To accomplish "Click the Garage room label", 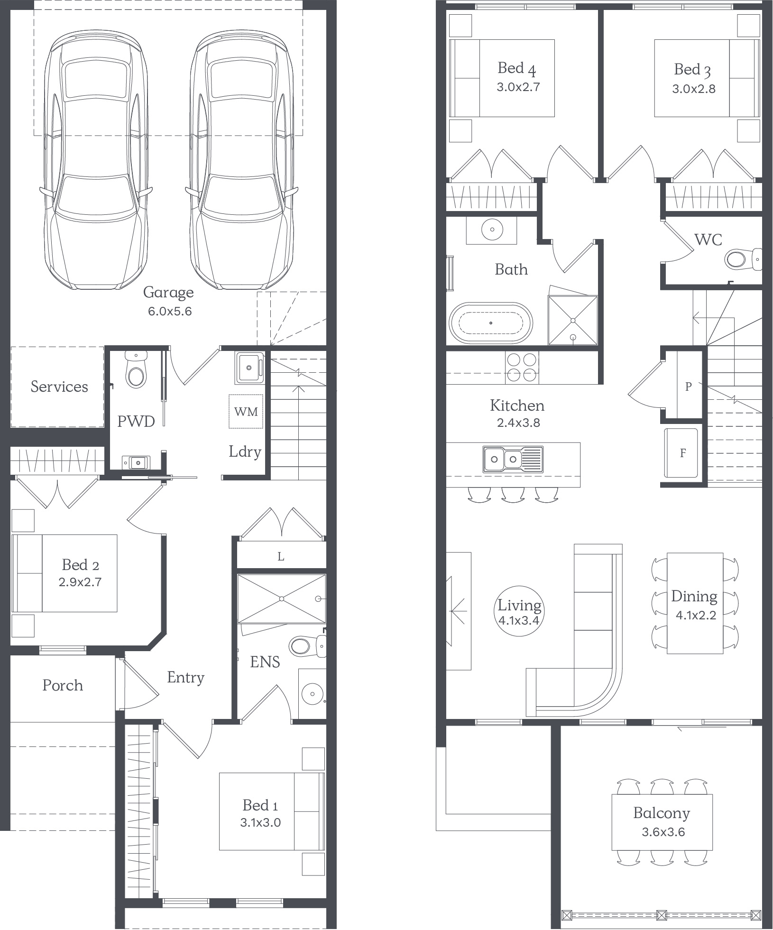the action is (168, 293).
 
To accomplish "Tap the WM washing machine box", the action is (246, 411).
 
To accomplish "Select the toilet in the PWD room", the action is (136, 370).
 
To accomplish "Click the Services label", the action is (59, 387).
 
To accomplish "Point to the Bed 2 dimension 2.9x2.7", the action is (80, 582).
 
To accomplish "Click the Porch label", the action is (63, 685).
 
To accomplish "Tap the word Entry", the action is (185, 678).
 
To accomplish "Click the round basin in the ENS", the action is (313, 694).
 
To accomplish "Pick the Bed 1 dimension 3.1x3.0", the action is (260, 822).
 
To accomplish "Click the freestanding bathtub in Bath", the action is (491, 323).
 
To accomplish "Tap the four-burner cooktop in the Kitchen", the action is (522, 367).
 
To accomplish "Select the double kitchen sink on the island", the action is (513, 459).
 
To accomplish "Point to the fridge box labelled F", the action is (681, 453).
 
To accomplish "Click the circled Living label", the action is (519, 611).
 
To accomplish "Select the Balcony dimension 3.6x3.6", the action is (663, 832).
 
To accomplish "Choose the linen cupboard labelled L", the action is (281, 556).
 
